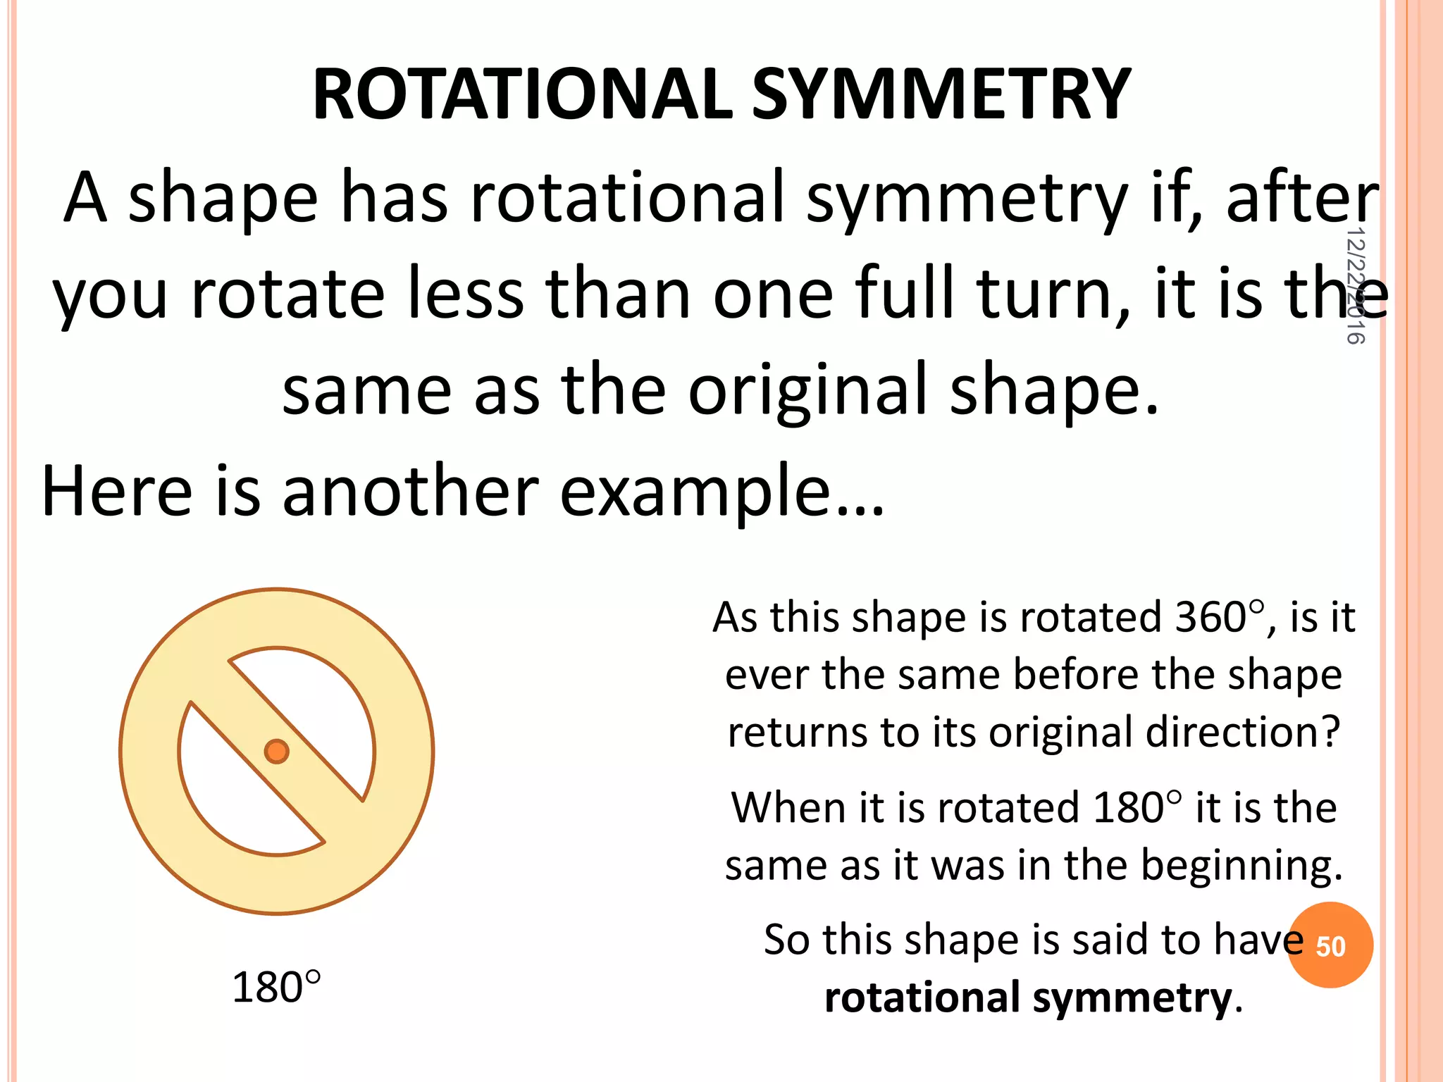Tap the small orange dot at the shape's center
pos(276,752)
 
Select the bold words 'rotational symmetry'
pos(1028,997)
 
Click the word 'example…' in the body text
pos(721,491)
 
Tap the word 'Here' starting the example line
pos(116,491)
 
